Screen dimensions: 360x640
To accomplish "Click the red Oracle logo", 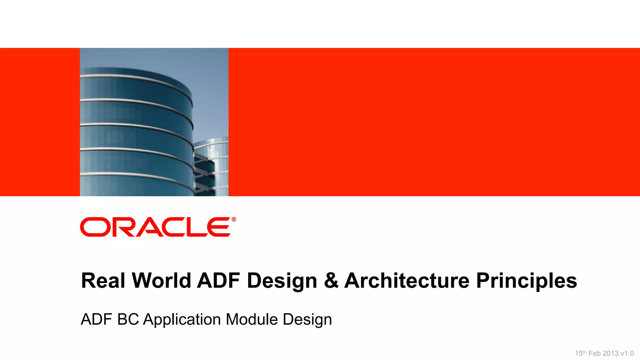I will tap(156, 227).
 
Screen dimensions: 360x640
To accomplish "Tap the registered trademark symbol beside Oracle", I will tap(234, 219).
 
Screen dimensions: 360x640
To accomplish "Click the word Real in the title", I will tap(103, 280).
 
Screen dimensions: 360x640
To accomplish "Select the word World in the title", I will tap(161, 280).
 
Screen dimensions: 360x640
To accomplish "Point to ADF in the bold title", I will tap(218, 280).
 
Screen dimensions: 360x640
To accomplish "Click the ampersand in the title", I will tap(331, 280).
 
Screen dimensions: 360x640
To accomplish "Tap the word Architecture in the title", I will tap(407, 280).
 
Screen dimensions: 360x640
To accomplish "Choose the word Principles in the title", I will tap(526, 281).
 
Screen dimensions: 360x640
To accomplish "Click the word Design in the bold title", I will tap(282, 281).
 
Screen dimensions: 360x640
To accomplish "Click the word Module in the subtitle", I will tap(252, 319).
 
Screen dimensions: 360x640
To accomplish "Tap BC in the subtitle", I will tap(128, 319).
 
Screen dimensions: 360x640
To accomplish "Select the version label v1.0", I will tap(627, 353).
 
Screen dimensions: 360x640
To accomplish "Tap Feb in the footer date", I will tap(594, 353).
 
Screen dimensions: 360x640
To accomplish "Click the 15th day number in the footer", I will tap(581, 353).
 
